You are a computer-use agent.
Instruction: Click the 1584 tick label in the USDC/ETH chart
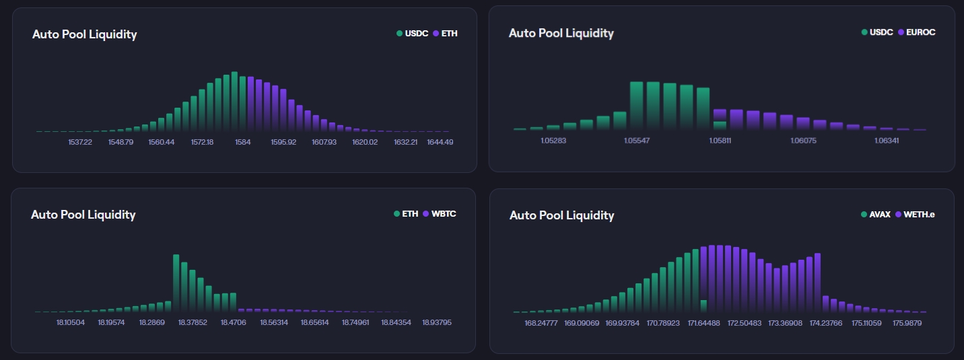(x=242, y=142)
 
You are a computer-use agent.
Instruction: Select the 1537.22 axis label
(x=80, y=142)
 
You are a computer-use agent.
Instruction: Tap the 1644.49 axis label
(x=440, y=142)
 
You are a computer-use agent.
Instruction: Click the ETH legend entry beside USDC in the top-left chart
(x=445, y=33)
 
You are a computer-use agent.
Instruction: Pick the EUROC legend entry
(x=917, y=32)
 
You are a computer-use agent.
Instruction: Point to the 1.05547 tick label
(x=636, y=141)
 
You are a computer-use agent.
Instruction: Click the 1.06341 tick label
(x=886, y=141)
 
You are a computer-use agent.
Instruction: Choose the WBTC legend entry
(x=440, y=214)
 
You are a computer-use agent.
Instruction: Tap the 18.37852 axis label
(x=193, y=322)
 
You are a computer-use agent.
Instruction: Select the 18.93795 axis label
(x=437, y=322)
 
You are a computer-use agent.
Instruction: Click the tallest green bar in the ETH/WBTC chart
(x=176, y=283)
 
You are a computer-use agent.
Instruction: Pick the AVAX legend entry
(x=876, y=215)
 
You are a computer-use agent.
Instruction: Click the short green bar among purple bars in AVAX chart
(x=703, y=306)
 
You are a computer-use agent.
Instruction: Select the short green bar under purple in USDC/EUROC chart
(x=720, y=125)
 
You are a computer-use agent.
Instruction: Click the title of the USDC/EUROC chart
(x=561, y=33)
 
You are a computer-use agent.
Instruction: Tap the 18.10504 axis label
(x=71, y=322)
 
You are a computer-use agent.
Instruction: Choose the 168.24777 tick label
(x=541, y=323)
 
